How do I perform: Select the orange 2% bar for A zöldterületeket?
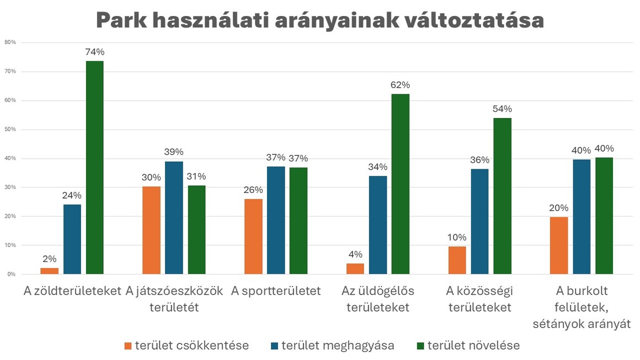click(x=49, y=271)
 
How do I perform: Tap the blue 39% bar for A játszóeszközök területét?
click(x=174, y=218)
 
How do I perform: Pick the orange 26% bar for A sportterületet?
click(x=253, y=237)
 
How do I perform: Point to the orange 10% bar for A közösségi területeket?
click(x=457, y=260)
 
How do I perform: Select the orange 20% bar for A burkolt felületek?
click(x=559, y=245)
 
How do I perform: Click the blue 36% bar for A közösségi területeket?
click(x=479, y=221)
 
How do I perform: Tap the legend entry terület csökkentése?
click(x=186, y=346)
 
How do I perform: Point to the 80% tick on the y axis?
click(x=10, y=42)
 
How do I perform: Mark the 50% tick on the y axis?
click(x=10, y=130)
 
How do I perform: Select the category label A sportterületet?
click(x=276, y=291)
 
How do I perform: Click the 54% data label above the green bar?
click(x=502, y=109)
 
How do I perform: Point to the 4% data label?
click(x=355, y=254)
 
